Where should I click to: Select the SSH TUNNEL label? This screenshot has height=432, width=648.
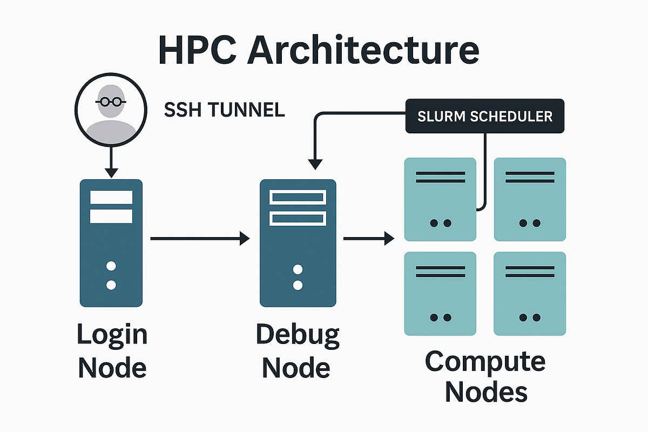(x=224, y=111)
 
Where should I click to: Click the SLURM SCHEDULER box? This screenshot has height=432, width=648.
(x=484, y=116)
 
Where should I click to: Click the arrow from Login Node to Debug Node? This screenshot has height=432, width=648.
(x=200, y=238)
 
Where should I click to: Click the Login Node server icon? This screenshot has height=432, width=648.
(x=111, y=243)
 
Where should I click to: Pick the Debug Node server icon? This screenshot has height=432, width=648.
(x=298, y=243)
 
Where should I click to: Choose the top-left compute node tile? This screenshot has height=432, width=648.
(x=440, y=199)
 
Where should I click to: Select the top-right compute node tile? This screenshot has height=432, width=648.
(x=530, y=199)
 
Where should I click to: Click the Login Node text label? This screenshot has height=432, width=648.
(x=112, y=351)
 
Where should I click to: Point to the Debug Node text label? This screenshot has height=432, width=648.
(x=298, y=351)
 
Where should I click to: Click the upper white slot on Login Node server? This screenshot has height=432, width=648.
(x=111, y=197)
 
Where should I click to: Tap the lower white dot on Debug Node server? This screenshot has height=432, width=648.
(x=298, y=285)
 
